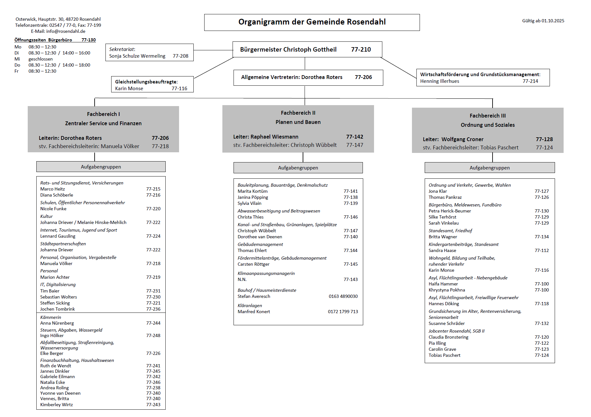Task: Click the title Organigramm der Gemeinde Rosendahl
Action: coord(312,22)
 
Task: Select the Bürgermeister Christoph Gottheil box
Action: coord(307,49)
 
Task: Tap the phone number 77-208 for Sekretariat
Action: coord(180,56)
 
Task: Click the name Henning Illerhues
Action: coord(439,81)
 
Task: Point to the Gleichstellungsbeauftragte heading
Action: coord(146,82)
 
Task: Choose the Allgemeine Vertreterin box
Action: coord(308,77)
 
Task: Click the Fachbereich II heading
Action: coord(298,113)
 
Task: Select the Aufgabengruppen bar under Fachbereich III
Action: coord(489,168)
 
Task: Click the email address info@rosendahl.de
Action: coord(66,31)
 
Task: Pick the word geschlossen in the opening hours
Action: coord(40,59)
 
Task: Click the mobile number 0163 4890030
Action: coord(343,296)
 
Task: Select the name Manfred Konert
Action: coord(254,312)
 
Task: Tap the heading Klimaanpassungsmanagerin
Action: coord(266,273)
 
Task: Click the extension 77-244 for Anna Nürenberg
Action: coord(153,323)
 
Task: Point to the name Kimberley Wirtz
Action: coord(56,405)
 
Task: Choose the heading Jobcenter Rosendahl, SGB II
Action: coord(456,331)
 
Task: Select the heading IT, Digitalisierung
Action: coord(58,284)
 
